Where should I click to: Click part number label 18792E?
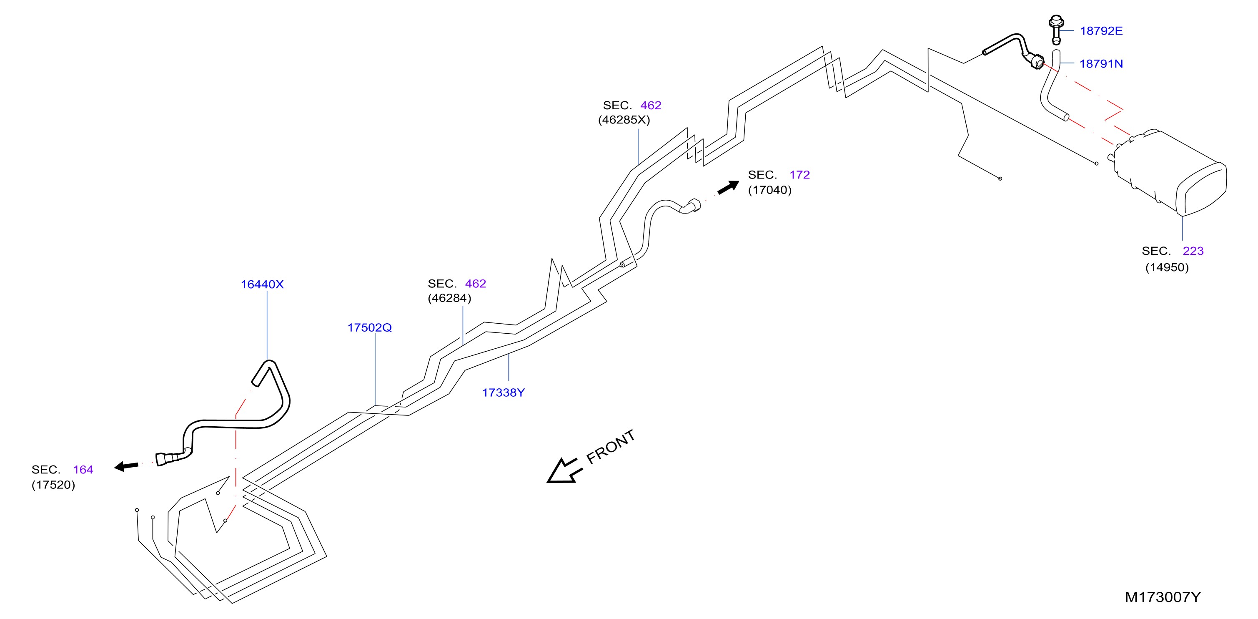[1101, 31]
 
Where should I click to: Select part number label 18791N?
[1101, 63]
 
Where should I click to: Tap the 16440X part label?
[262, 284]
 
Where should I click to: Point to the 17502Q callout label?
[369, 327]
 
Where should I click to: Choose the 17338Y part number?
[503, 393]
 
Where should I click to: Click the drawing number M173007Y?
[1162, 596]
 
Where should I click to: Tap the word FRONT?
[610, 447]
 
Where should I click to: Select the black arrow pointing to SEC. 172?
[728, 187]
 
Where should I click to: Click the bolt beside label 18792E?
[1056, 29]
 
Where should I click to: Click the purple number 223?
[1193, 251]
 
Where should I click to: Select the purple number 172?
[799, 174]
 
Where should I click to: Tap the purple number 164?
[83, 470]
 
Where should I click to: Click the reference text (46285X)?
[624, 120]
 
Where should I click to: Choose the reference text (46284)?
[449, 298]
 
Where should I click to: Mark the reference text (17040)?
[769, 190]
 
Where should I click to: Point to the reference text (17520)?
[53, 485]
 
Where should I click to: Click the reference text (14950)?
[1167, 267]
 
